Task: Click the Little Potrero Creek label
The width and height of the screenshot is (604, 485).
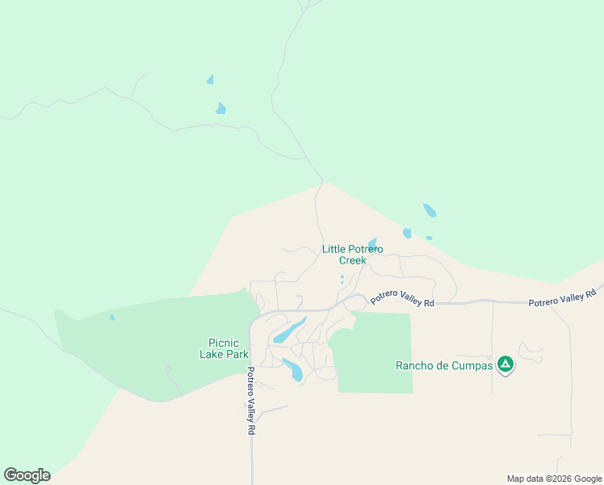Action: point(352,255)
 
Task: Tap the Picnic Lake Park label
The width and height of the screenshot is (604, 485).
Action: point(224,348)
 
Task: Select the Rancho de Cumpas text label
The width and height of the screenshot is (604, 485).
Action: point(443,365)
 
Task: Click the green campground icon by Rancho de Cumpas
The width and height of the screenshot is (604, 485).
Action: point(505,365)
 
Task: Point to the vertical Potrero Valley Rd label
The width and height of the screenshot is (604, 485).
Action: point(250,402)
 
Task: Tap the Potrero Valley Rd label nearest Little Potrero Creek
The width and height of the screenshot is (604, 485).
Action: point(402,298)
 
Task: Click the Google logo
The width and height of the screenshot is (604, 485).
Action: point(27,475)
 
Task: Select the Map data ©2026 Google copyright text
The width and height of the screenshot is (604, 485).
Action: point(555,479)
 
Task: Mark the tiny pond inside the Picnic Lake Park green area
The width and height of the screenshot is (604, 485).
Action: point(112,317)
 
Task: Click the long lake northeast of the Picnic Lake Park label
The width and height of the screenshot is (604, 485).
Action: point(289,331)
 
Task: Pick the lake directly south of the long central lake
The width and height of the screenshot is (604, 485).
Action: point(293,369)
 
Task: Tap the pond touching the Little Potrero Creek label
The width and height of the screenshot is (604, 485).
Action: point(372,243)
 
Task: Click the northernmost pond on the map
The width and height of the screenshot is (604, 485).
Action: point(211,80)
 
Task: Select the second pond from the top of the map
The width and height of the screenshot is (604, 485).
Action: point(220,108)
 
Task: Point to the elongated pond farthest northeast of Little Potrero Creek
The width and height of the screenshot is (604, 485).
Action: point(430,211)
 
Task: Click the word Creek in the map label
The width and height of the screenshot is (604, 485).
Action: point(352,261)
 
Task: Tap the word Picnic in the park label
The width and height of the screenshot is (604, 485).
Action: point(224,343)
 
